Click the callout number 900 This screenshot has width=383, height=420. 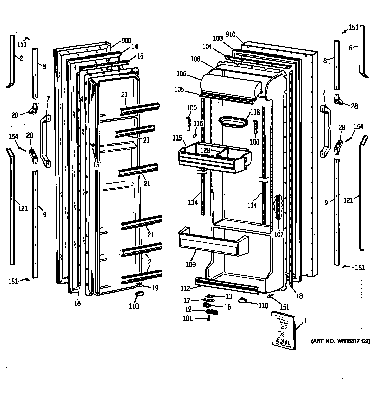[x=127, y=41]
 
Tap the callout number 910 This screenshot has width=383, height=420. [x=231, y=34]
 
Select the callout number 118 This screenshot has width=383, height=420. [x=255, y=113]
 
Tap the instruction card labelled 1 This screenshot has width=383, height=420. [x=283, y=330]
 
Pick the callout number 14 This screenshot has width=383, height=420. [x=134, y=46]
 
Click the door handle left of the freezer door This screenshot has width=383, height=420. [x=45, y=141]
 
